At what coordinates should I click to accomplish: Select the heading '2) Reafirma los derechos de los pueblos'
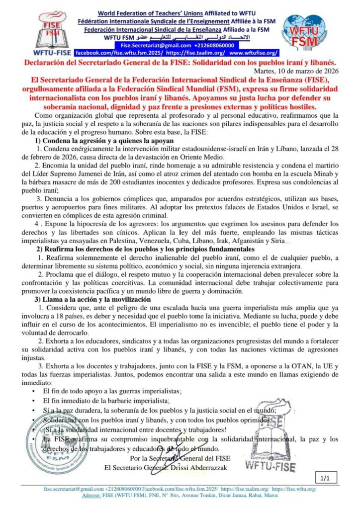click(145, 249)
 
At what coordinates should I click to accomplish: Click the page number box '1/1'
click(326, 478)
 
